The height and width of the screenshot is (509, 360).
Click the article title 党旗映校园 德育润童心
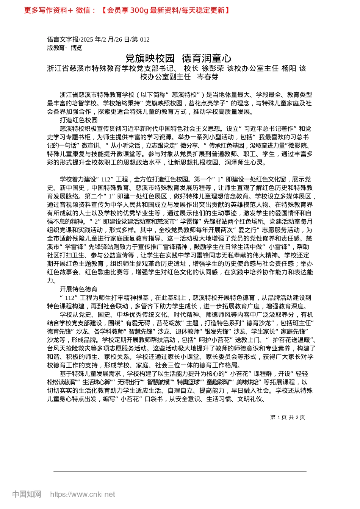[178, 58]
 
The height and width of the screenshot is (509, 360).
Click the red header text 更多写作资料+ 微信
[60, 10]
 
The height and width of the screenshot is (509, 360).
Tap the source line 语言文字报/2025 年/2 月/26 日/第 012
[98, 39]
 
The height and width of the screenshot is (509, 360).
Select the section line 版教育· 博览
[64, 48]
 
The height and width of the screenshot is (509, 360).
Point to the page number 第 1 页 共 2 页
[287, 417]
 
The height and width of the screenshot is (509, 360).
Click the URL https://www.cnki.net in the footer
[82, 494]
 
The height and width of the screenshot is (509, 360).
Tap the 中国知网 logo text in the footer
[27, 494]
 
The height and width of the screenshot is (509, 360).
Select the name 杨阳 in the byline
[289, 69]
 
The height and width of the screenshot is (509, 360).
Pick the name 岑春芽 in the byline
[208, 77]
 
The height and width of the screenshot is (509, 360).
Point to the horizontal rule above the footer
[180, 472]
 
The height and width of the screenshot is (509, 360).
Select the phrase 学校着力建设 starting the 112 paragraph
[78, 180]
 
